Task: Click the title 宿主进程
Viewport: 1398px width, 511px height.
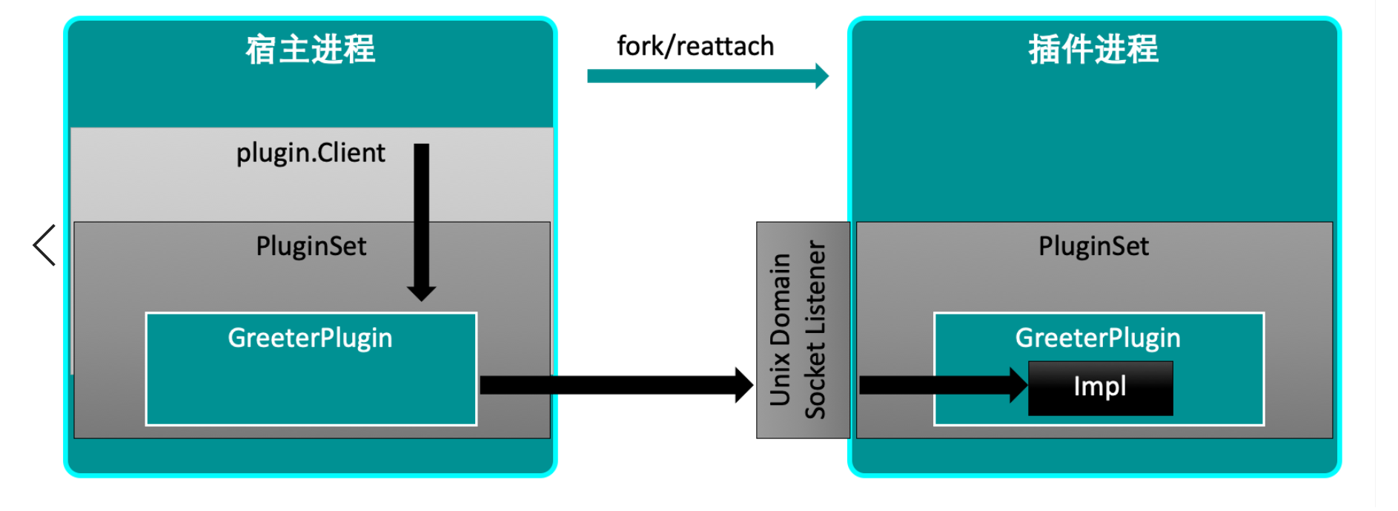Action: coord(311,50)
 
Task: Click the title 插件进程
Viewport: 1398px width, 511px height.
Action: coord(1093,50)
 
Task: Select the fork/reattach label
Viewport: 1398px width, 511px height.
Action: coord(695,46)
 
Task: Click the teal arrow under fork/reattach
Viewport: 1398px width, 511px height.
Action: coord(704,76)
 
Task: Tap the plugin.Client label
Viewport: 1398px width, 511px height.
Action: coord(311,153)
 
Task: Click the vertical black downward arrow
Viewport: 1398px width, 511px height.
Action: coord(421,215)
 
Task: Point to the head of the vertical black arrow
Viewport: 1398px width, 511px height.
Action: coord(421,292)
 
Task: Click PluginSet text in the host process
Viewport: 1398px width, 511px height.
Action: coord(311,246)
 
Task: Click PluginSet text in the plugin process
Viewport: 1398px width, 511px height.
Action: coord(1093,246)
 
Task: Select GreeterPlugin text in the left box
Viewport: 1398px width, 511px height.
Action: coord(310,338)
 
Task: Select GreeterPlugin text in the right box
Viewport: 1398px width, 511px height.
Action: coord(1097,338)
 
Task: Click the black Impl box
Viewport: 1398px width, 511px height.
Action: coord(1100,387)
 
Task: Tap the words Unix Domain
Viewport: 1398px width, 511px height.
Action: coord(780,330)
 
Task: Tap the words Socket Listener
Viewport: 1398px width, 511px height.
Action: coord(815,330)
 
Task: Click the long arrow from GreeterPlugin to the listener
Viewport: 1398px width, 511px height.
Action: coord(608,385)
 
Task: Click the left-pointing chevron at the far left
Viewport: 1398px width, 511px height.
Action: coord(44,245)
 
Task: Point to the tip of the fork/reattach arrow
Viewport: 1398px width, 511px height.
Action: coord(824,76)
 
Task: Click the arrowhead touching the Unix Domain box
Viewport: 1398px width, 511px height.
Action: coord(744,385)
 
